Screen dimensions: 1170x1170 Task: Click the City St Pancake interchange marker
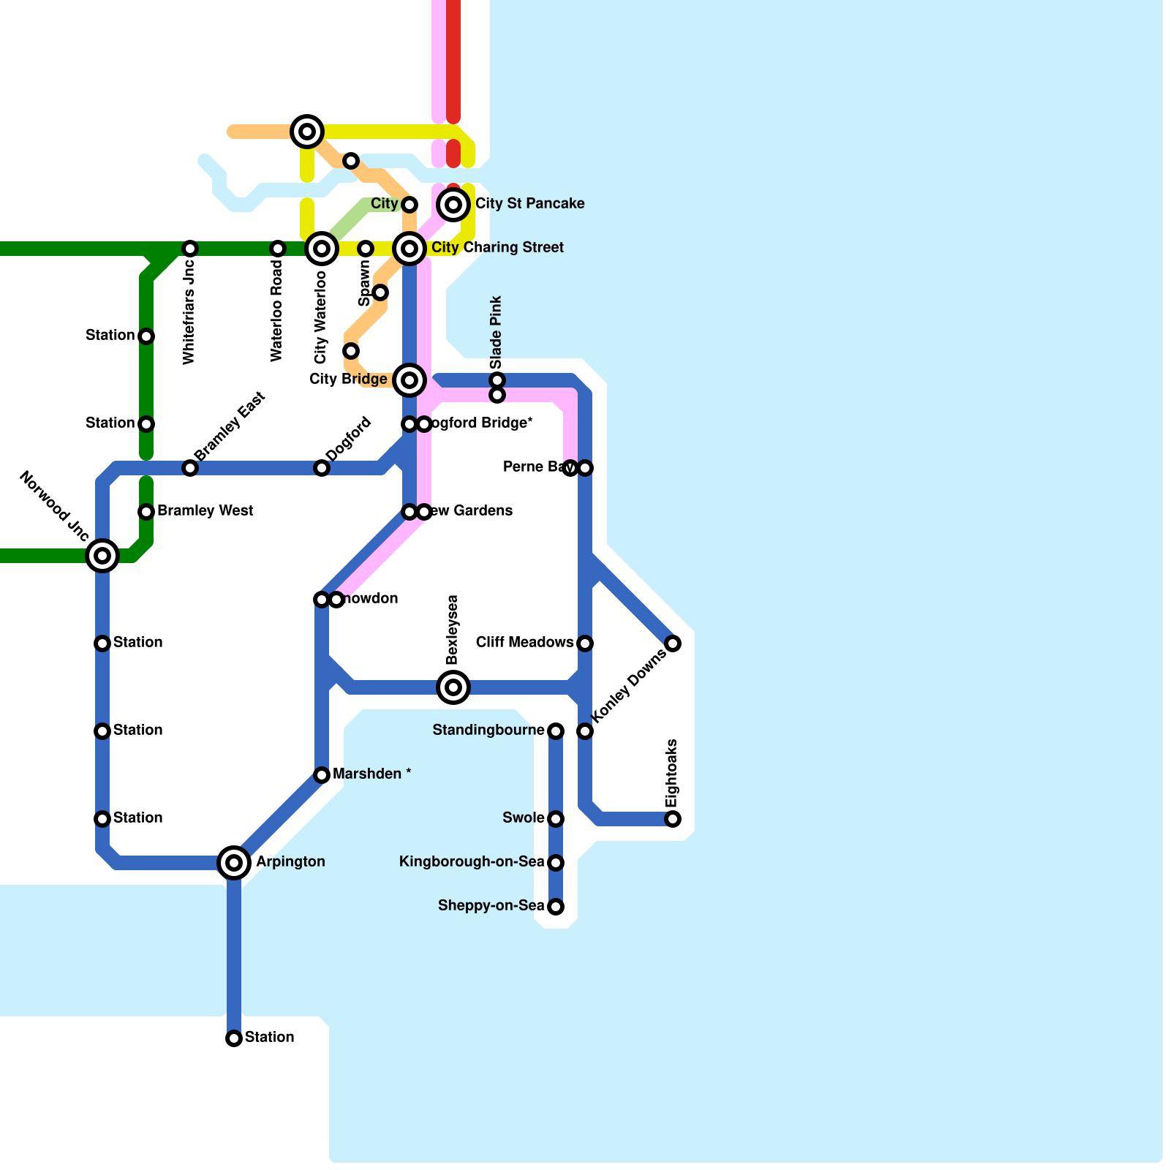click(x=453, y=204)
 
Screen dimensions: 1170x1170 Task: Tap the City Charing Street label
click(x=497, y=248)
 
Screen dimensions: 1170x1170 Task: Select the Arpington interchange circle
click(x=234, y=863)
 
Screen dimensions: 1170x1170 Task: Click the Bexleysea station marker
click(x=453, y=687)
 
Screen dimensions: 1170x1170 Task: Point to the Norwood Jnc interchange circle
click(x=102, y=556)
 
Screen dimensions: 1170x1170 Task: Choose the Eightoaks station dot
click(x=673, y=819)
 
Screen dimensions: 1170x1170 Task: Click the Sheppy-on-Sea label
click(x=491, y=906)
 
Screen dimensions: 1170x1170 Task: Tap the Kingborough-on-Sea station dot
click(x=556, y=863)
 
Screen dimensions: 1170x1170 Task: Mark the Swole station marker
click(x=556, y=819)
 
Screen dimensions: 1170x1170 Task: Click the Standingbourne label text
click(x=488, y=731)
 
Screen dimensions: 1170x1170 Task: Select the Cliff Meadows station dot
click(x=585, y=643)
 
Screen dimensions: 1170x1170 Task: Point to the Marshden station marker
click(x=322, y=775)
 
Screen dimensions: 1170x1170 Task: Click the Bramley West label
click(x=205, y=511)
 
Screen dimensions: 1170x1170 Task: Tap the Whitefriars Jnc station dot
click(x=190, y=249)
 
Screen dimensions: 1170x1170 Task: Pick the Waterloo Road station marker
click(x=278, y=249)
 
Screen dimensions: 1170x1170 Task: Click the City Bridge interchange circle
click(x=409, y=380)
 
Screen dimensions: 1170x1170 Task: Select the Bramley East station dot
click(x=190, y=468)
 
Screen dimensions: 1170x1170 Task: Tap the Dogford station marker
click(x=322, y=468)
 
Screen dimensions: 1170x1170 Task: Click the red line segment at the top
click(x=453, y=58)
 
